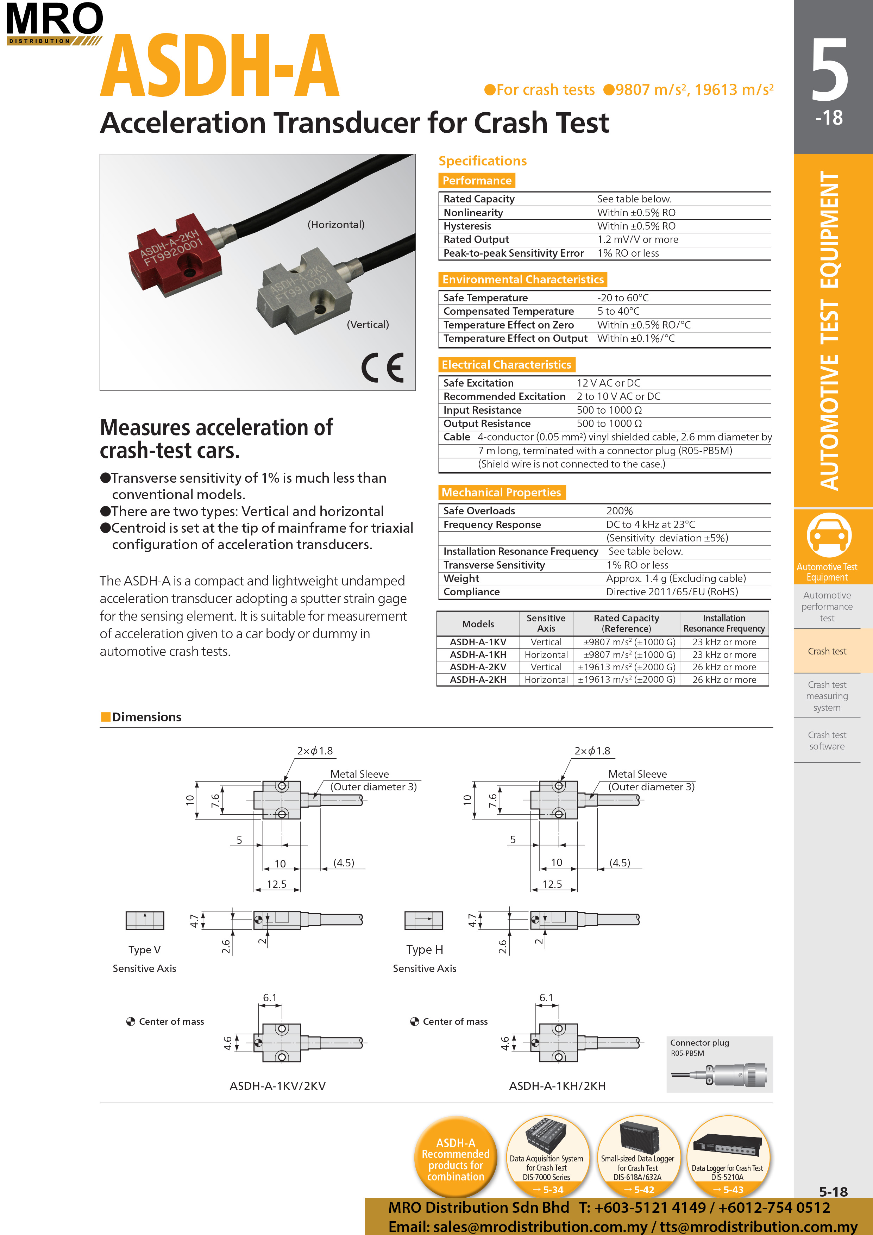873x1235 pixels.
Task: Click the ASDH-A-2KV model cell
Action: (x=478, y=667)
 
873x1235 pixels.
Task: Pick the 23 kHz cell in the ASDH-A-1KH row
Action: (x=724, y=654)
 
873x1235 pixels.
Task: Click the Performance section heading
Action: (x=477, y=181)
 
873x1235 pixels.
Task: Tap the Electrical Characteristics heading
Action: (x=506, y=365)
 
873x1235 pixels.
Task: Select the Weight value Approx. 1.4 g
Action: (x=676, y=578)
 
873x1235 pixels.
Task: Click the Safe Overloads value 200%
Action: (x=619, y=511)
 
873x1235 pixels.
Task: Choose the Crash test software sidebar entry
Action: (x=827, y=741)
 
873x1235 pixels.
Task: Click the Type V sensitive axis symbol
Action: (x=145, y=920)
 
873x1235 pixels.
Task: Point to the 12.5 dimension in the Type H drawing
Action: (x=552, y=884)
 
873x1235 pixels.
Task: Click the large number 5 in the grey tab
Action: (x=829, y=70)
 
